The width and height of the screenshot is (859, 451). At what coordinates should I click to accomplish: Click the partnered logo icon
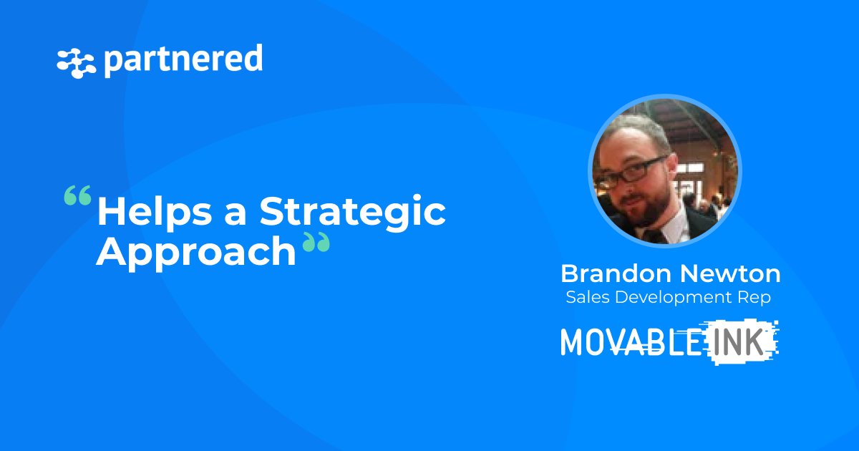tap(76, 63)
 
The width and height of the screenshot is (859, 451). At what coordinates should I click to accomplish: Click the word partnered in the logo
tap(183, 60)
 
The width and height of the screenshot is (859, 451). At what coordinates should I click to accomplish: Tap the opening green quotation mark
tap(77, 195)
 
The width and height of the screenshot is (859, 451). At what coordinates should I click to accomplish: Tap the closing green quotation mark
tap(316, 244)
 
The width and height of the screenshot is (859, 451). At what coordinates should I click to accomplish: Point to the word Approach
tap(196, 253)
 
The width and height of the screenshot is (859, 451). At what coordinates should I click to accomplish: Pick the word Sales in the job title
tap(585, 298)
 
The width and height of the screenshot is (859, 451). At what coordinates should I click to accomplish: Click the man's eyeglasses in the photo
tap(637, 170)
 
